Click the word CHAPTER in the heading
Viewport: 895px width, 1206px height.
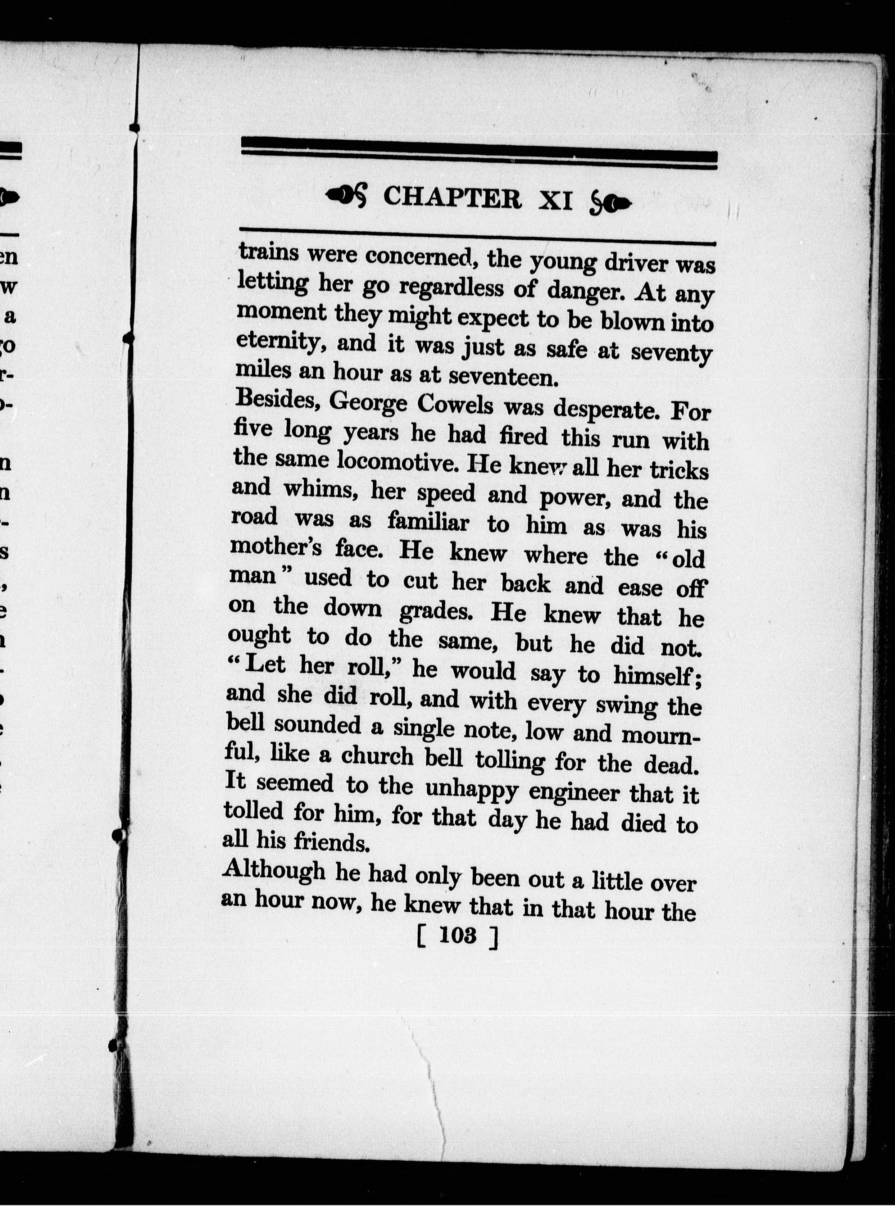(452, 198)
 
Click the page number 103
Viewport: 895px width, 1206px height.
(458, 935)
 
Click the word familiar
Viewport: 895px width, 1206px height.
(428, 522)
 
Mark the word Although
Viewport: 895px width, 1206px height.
(274, 871)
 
